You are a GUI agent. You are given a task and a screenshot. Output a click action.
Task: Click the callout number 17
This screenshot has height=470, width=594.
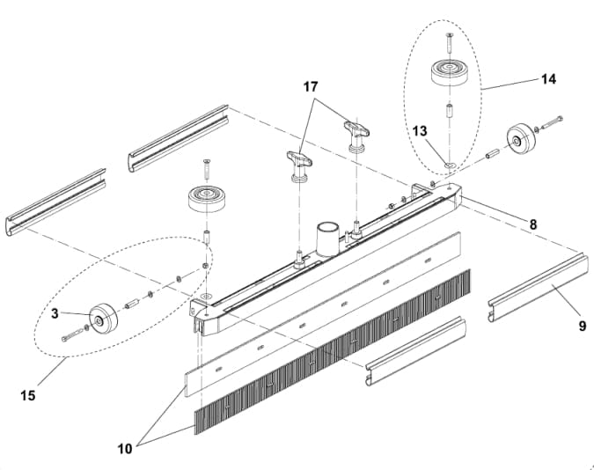coord(311,86)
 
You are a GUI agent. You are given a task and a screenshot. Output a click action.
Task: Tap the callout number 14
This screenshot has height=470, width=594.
coord(548,78)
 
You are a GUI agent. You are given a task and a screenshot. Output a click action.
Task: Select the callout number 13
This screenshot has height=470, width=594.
coord(421,131)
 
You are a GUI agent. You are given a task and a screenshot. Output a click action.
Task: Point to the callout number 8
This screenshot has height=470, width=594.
coord(532,224)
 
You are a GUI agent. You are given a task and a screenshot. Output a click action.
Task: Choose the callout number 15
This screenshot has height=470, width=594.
coord(28,395)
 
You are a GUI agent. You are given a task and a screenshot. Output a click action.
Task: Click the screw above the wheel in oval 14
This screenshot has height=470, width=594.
coord(448,39)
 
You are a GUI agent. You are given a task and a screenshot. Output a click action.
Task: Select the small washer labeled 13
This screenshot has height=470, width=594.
coord(449,164)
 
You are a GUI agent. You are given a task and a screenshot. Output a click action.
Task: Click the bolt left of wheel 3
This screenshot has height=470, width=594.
coord(71,335)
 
